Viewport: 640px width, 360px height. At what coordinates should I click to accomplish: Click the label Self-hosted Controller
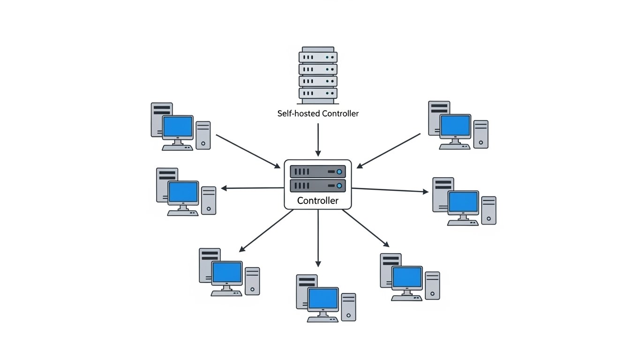point(318,113)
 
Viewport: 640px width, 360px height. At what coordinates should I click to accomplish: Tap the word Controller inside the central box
point(317,201)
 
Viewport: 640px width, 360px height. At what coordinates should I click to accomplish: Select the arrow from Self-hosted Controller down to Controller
point(318,140)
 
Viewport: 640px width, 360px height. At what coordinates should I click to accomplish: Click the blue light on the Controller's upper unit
point(339,172)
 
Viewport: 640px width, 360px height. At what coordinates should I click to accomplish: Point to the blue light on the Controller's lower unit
point(339,186)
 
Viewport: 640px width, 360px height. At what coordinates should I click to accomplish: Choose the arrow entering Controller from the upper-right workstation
point(389,150)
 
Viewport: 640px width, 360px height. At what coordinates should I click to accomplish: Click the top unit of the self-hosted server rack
point(318,57)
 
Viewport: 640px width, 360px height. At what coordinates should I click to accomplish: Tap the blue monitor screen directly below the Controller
point(323,299)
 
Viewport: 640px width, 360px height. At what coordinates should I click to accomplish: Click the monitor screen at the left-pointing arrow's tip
point(183,192)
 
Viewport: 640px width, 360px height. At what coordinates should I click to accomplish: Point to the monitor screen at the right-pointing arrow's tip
point(463,202)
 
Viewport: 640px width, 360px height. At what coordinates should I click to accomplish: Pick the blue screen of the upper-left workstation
point(178,126)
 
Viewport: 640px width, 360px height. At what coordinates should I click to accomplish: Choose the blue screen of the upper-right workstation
point(455,125)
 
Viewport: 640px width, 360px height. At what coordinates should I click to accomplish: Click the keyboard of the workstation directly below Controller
point(322,320)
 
